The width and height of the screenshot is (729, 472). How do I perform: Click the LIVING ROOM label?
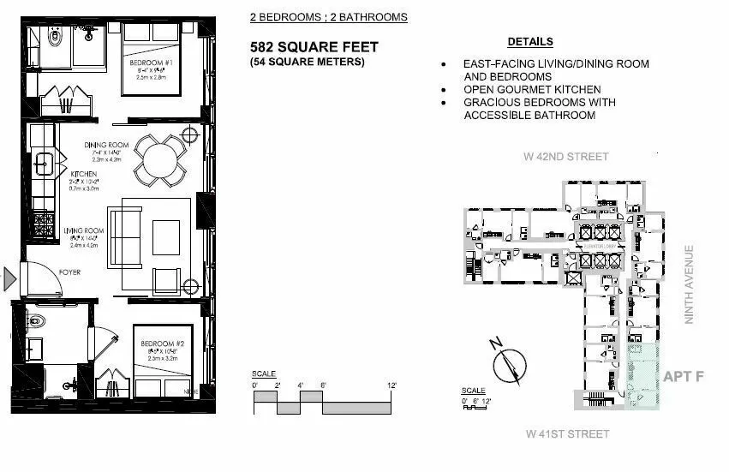point(84,230)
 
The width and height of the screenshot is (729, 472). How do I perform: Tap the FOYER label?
point(69,274)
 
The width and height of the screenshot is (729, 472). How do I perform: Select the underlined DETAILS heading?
point(529,41)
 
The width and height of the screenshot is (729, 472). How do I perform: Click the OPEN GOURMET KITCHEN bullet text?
point(531,89)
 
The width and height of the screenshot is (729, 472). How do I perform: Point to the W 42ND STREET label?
point(566,157)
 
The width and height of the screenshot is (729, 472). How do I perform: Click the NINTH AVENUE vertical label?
point(689,284)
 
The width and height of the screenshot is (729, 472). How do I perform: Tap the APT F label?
point(683,376)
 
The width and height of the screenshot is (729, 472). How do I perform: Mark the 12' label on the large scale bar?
point(391,385)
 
